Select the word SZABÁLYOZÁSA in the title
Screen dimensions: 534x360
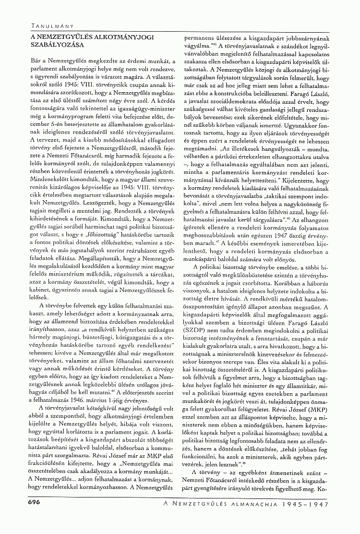pos(53,45)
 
